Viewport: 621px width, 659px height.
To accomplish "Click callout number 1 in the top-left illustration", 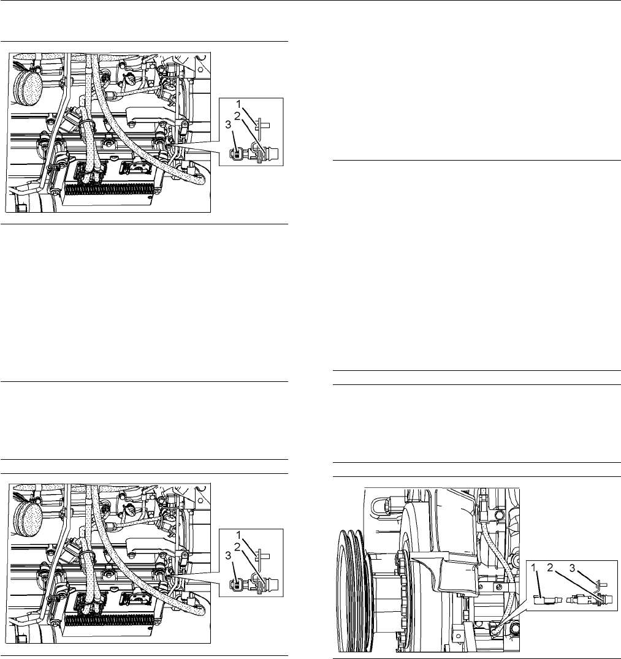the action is tap(239, 104).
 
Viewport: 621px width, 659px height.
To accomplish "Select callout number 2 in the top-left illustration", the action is tap(237, 116).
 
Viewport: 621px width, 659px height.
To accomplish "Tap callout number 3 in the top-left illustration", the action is tap(228, 125).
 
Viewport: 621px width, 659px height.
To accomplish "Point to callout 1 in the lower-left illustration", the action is tap(239, 535).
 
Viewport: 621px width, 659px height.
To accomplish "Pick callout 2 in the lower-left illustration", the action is tap(237, 547).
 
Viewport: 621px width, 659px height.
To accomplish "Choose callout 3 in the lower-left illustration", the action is tap(228, 555).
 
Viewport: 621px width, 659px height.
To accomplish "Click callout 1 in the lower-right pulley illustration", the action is tap(533, 568).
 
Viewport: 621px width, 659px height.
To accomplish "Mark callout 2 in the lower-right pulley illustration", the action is tap(550, 568).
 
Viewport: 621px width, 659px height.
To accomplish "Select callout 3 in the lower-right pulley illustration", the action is tap(572, 568).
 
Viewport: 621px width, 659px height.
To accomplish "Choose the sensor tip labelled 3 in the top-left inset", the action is tap(237, 154).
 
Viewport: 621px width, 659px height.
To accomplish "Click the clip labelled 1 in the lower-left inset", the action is tap(262, 555).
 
